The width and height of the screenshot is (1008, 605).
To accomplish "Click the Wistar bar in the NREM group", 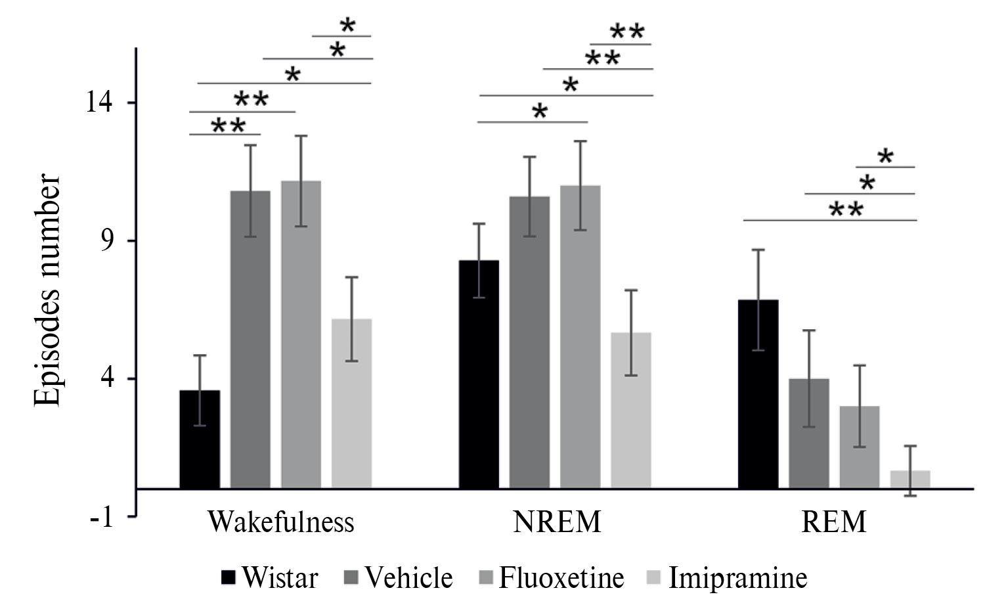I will (x=479, y=374).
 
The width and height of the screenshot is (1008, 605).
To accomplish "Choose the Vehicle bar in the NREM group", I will (x=529, y=342).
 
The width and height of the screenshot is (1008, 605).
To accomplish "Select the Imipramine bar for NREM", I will (x=631, y=410).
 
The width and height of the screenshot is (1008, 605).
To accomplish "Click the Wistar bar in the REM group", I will (x=758, y=393).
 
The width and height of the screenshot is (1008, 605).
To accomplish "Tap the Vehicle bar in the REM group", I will (x=809, y=433).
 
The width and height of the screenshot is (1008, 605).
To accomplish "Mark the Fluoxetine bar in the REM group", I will (x=860, y=447).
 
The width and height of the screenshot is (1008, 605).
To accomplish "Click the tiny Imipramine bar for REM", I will (x=910, y=479).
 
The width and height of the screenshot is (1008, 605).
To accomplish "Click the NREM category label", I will (x=557, y=522).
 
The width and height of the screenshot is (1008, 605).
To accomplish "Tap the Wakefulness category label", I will (x=281, y=522).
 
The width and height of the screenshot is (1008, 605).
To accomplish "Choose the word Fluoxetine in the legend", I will (x=561, y=578).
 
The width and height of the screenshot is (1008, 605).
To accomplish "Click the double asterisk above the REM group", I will (x=846, y=210).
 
